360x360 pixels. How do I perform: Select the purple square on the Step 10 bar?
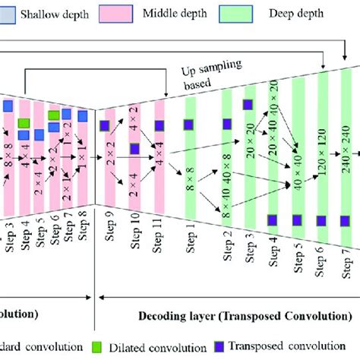click(134, 149)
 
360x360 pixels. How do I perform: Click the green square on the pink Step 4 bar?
click(24, 123)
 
